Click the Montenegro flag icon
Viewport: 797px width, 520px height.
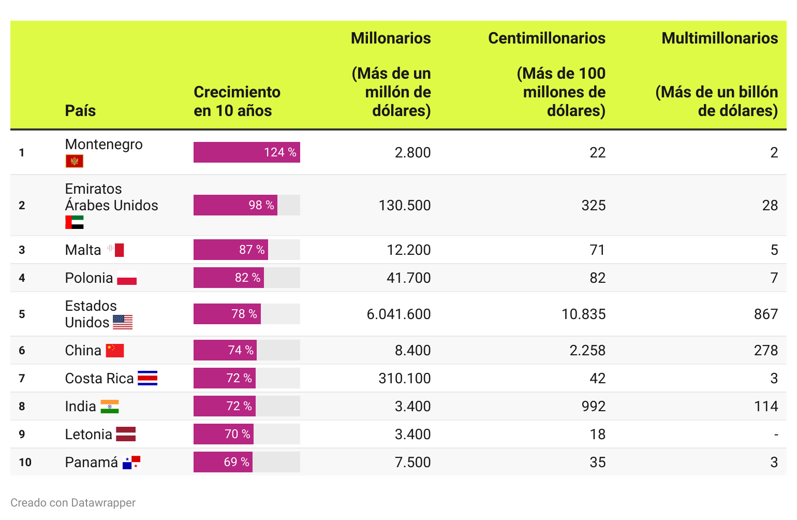point(74,161)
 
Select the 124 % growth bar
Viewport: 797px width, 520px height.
point(246,152)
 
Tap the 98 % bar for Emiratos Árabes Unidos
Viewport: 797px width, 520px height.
point(235,205)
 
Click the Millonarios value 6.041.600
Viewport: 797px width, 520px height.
point(398,314)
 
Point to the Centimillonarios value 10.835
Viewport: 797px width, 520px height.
point(583,314)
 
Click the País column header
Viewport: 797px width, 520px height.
point(80,110)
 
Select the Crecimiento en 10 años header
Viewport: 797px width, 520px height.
point(237,101)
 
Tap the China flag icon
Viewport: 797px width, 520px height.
point(115,351)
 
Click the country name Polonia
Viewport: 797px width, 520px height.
point(89,278)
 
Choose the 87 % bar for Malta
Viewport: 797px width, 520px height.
point(231,250)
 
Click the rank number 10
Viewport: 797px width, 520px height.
point(25,462)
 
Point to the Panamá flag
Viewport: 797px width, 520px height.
point(131,462)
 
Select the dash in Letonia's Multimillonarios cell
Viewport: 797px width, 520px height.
point(775,435)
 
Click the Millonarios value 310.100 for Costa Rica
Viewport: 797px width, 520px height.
point(404,378)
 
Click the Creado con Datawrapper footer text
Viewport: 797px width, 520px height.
point(73,502)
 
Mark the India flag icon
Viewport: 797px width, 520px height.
point(109,407)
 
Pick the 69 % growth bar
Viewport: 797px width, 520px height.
point(223,462)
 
